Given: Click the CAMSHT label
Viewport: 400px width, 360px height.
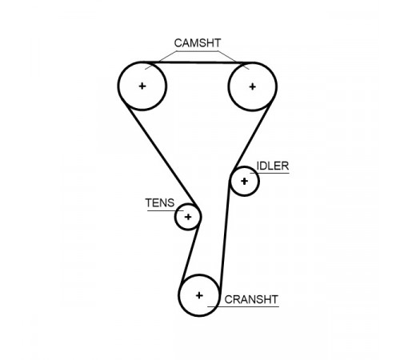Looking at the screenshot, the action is coord(198,43).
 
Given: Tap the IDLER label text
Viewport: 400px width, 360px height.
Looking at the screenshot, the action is coord(273,166).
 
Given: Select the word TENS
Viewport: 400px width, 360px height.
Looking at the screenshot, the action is coord(160,203).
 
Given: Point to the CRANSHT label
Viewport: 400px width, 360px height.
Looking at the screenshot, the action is coord(251,299).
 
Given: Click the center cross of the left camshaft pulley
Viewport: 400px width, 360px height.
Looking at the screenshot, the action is coord(142,86).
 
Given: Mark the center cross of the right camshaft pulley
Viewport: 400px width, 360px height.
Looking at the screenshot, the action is coord(252,86).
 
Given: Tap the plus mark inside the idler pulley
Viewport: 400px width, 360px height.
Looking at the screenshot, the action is coord(244,182).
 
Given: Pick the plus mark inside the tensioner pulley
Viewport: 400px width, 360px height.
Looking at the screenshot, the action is coord(188,217).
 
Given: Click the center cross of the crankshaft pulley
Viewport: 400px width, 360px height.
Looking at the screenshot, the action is coord(199,295).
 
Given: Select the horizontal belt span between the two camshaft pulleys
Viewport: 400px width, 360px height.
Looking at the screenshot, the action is coord(198,62).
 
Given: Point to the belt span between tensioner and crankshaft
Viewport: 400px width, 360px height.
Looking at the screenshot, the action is coord(190,253).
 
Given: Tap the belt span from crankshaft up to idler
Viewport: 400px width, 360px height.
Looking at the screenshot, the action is coord(225,234).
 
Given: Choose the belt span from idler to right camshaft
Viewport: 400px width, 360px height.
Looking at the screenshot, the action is coord(252,136).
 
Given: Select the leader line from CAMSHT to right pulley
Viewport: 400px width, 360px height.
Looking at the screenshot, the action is coord(234,60).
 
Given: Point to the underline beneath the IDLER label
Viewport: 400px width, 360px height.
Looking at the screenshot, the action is coord(270,174).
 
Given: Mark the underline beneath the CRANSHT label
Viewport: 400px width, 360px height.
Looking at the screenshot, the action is coord(243,306).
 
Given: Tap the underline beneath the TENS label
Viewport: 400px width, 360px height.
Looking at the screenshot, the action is coord(166,210).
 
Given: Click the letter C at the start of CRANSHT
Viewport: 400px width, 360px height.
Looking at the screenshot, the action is coord(228,299).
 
